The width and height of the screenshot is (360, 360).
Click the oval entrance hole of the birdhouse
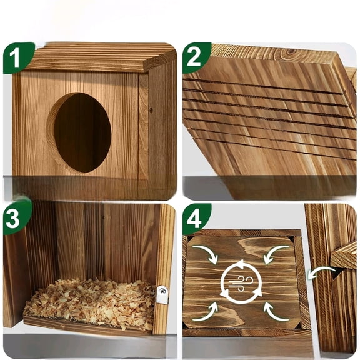coord(82,132)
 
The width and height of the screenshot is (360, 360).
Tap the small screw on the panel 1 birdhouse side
coord(151,110)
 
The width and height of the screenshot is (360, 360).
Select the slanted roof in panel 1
coord(100,57)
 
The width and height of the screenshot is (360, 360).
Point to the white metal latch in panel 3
coord(162,294)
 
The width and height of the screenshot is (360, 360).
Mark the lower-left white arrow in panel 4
coord(206,312)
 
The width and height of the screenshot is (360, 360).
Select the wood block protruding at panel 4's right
coord(344,255)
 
